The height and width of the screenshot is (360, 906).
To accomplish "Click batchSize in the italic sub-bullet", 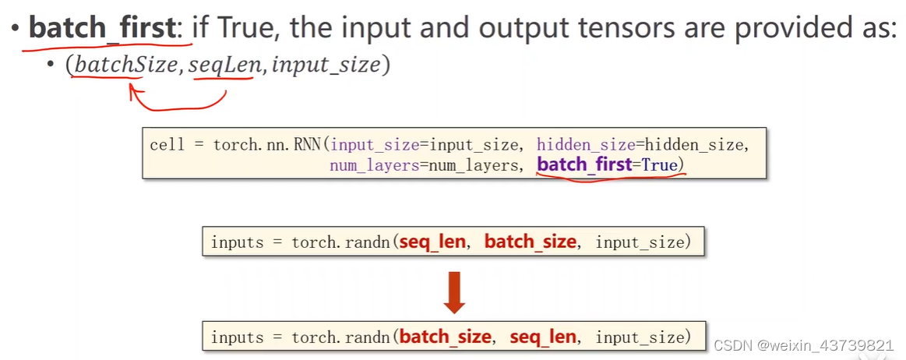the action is click(125, 65).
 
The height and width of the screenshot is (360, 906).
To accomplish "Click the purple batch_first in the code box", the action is click(584, 165).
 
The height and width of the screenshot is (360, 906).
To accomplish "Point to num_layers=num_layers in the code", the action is click(421, 166).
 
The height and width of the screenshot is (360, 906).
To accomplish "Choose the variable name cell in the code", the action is click(167, 144).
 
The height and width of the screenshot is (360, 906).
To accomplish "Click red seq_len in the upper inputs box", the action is click(432, 242).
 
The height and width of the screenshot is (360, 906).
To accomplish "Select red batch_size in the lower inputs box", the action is click(445, 337).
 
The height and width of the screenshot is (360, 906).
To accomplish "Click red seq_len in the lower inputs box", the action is click(542, 337).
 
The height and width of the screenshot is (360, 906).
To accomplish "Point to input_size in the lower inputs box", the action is click(639, 337).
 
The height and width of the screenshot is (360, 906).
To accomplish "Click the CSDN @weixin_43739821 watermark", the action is click(804, 345).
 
